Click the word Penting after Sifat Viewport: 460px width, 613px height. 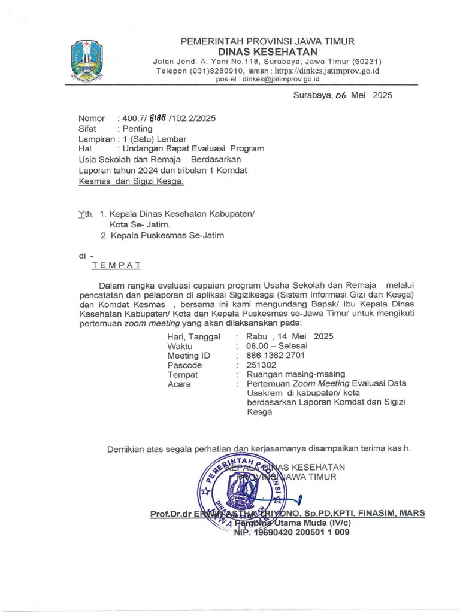pos(137,128)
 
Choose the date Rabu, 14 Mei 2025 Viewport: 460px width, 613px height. pos(286,336)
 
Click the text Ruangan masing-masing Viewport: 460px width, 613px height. pos(291,374)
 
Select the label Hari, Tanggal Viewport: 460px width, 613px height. pos(193,336)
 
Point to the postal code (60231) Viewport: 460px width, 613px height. pos(369,62)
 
